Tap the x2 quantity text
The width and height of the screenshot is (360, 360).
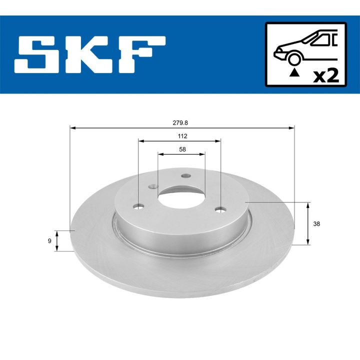coord(325,75)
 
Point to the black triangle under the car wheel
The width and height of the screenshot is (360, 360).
coord(294,72)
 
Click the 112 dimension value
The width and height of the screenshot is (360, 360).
coord(181,136)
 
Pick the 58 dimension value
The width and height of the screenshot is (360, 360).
coord(181,149)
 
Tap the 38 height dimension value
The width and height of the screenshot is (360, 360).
coord(316,224)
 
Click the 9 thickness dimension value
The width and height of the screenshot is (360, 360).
coord(49,241)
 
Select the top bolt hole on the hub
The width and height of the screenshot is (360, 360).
coord(186,175)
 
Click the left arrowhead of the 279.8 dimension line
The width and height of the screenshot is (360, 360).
coord(72,128)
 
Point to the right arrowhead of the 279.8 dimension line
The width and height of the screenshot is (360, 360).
coord(292,128)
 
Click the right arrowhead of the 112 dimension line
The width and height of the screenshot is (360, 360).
coord(218,141)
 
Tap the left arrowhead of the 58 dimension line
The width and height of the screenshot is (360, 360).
coord(160,154)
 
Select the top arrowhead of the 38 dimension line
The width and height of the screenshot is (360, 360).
coord(308,205)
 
